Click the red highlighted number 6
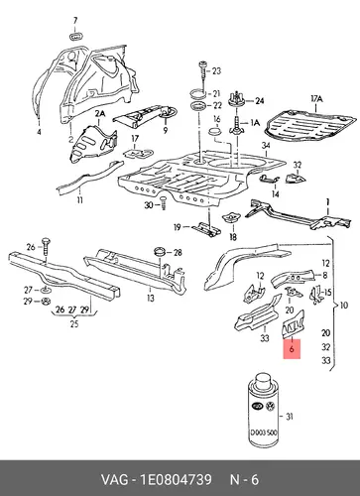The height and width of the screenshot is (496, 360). tap(292, 348)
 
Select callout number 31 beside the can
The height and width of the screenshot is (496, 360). tap(290, 417)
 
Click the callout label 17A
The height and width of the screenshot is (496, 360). tap(316, 99)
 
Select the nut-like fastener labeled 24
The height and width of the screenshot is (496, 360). tap(236, 99)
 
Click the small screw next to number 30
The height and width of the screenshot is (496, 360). tap(163, 202)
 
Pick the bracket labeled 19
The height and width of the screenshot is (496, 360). tap(207, 229)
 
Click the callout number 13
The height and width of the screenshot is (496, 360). tap(151, 299)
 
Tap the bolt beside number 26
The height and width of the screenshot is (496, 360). tap(46, 247)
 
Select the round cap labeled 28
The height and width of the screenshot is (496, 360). tap(161, 251)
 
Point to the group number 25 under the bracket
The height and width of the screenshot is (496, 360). tap(74, 323)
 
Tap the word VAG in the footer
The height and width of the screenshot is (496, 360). tap(114, 480)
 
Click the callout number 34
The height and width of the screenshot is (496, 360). tap(266, 146)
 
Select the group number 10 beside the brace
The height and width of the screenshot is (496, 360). tap(344, 305)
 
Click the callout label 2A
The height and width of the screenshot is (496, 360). tap(100, 114)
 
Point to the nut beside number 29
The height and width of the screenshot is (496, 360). tap(45, 302)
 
